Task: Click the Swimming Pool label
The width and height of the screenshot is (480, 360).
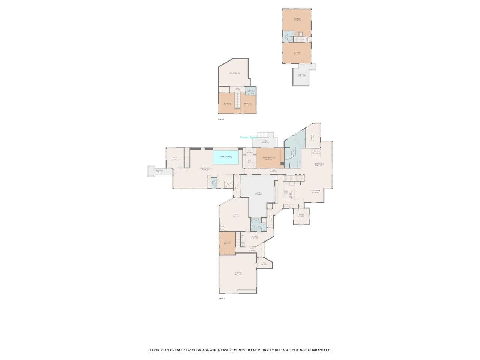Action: [226, 157]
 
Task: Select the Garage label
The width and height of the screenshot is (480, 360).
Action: [238, 273]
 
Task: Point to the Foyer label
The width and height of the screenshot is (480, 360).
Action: [301, 215]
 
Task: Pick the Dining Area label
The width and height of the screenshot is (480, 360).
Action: [315, 191]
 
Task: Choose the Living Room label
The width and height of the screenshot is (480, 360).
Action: [319, 164]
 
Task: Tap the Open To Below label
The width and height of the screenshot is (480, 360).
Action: [234, 73]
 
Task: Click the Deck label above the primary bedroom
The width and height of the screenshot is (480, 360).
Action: [265, 142]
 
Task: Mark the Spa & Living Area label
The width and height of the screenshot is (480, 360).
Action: [206, 168]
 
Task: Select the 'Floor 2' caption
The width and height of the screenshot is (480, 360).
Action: [221, 119]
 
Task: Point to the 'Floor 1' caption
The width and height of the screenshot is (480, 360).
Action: [222, 299]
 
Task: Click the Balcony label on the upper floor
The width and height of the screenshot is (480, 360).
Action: [302, 75]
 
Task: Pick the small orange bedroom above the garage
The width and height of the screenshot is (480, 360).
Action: [227, 243]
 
